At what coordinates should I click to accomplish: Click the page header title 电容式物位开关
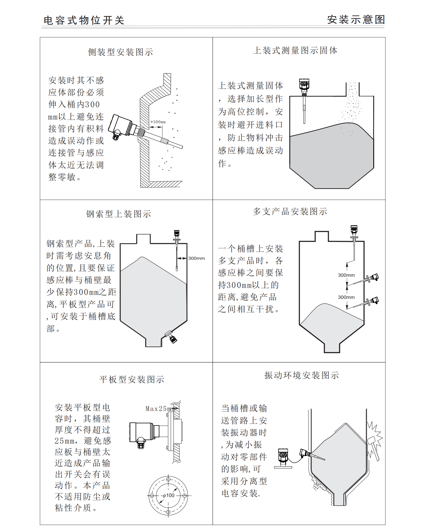coord(84,20)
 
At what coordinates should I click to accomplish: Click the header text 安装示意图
coord(356,20)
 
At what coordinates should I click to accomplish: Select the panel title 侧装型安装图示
coord(121,52)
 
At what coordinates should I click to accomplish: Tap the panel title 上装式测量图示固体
coord(295,50)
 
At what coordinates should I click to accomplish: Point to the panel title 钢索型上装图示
coord(119,214)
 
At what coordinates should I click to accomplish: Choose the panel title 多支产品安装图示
coord(290,211)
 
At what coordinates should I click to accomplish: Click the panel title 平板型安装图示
coord(132,379)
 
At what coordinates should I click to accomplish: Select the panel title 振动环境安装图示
coord(302,375)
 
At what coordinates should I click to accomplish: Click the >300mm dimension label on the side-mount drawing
coord(158,122)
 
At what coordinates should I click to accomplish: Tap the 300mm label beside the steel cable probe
coord(196,258)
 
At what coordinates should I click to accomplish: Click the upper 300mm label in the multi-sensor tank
coord(346,275)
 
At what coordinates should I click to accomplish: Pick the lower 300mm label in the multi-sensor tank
coord(346,297)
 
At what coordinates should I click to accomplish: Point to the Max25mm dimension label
coord(160,408)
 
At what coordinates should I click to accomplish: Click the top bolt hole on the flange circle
coord(168,479)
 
